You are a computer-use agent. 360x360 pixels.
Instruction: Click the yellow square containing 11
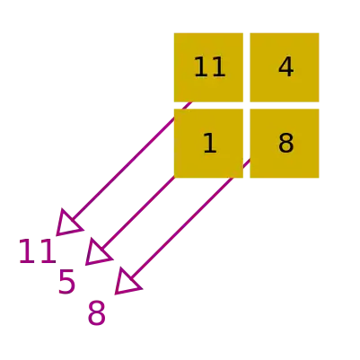click(x=208, y=67)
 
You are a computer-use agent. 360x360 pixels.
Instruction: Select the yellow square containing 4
click(x=285, y=67)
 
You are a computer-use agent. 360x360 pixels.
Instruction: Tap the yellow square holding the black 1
click(x=208, y=144)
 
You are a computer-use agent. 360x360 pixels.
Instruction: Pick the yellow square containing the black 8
click(x=285, y=144)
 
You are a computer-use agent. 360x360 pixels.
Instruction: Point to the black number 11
click(x=209, y=67)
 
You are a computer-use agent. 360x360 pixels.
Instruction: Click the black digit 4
click(x=286, y=67)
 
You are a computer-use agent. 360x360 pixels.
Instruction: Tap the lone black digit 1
click(x=210, y=144)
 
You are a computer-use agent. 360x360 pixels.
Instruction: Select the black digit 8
click(x=286, y=144)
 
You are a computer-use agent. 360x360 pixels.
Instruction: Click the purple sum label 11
click(x=38, y=251)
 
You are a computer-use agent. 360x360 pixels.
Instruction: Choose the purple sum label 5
click(x=66, y=281)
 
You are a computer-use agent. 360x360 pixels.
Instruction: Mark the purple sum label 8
click(x=96, y=313)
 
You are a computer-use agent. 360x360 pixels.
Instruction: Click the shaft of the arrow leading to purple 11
click(x=131, y=162)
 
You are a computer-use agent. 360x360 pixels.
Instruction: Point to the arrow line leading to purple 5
click(x=137, y=214)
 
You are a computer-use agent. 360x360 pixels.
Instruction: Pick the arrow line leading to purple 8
click(x=190, y=219)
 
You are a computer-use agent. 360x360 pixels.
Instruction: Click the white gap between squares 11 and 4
click(x=247, y=67)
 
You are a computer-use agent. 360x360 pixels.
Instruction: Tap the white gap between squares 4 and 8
click(x=285, y=105)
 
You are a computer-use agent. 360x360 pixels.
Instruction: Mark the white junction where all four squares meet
click(x=247, y=105)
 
